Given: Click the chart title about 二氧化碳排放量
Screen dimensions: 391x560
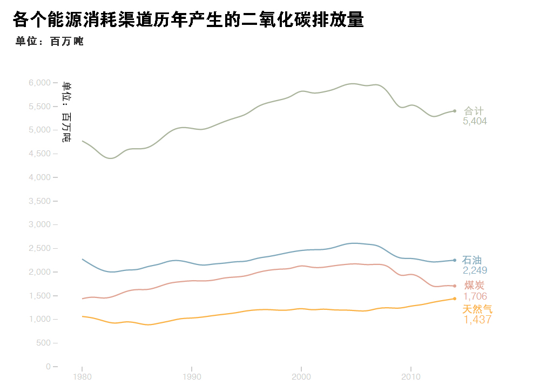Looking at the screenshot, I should pos(188,20).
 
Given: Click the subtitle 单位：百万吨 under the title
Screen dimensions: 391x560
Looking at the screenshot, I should pos(50,42).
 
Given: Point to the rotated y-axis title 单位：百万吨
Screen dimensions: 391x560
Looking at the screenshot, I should pos(66,112).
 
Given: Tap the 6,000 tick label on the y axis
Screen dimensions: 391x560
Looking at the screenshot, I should pos(39,83).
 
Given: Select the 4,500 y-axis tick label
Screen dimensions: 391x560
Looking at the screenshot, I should pos(39,154).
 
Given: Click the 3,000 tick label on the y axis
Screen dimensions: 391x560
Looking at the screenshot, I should pos(39,224).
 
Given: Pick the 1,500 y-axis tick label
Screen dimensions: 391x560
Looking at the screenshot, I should pos(39,296).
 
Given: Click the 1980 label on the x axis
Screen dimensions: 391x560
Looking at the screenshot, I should pos(82,376).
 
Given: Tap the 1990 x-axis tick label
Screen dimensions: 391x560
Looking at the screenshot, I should pos(192,376).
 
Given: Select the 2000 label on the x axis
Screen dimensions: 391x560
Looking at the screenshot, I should pos(301,376).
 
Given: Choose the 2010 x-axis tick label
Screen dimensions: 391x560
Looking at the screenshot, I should pos(410,376).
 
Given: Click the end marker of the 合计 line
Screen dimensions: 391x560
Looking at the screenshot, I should pos(454,111).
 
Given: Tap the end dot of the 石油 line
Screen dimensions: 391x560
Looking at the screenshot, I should pos(454,260).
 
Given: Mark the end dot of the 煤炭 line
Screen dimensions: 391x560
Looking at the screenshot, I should pos(454,286).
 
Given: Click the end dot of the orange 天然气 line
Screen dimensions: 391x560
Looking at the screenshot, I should pos(454,299).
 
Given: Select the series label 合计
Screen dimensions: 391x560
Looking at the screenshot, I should pos(474,111).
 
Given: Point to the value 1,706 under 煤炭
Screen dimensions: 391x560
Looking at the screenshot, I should pos(475,296).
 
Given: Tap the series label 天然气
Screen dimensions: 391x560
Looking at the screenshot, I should pos(477,309).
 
